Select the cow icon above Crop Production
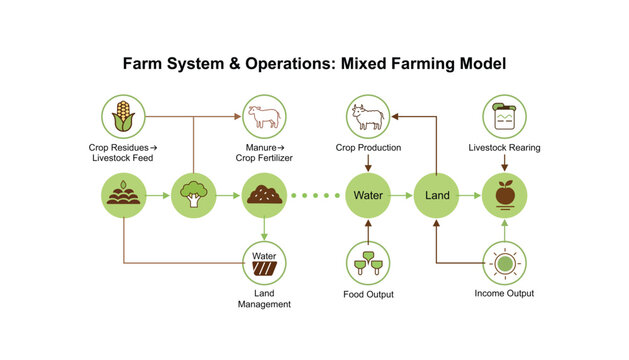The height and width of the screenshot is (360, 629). [x=368, y=117]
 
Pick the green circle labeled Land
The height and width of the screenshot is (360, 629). [x=437, y=194]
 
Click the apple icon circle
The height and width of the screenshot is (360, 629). [x=505, y=194]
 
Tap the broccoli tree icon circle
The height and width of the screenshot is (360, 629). [x=194, y=194]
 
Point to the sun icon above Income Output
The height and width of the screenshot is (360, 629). [x=505, y=263]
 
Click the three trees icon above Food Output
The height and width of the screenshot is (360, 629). [x=368, y=263]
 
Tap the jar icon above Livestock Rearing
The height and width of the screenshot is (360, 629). [x=505, y=117]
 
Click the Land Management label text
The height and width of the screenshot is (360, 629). [x=265, y=297]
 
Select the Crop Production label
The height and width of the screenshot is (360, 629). [x=368, y=148]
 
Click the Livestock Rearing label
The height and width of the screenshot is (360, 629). [x=505, y=148]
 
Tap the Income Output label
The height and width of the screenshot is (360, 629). [x=505, y=293]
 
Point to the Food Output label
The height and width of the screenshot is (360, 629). [x=368, y=294]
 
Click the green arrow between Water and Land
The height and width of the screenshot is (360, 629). [x=403, y=194]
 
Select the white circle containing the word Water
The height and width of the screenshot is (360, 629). [x=265, y=263]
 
